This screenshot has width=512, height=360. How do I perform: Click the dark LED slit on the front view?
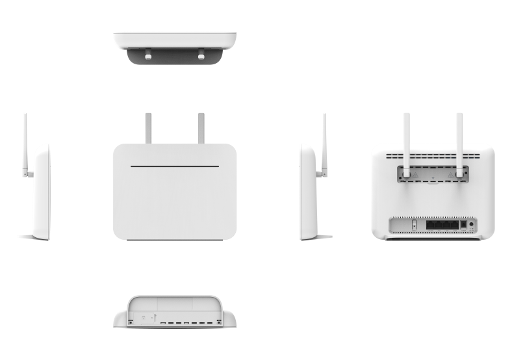[x=173, y=166]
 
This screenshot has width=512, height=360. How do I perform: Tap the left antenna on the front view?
[x=148, y=128]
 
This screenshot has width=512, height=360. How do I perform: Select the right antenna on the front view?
[x=201, y=128]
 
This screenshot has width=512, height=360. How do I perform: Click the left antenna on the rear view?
[x=406, y=140]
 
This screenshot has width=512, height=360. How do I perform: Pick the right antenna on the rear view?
[x=459, y=140]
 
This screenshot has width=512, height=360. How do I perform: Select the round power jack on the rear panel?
[x=470, y=224]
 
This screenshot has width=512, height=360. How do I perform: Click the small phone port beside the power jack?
[x=462, y=225]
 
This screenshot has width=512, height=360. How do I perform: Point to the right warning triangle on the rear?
[x=450, y=174]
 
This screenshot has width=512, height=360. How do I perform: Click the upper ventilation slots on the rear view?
[x=433, y=157]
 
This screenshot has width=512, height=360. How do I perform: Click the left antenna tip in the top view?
[x=147, y=57]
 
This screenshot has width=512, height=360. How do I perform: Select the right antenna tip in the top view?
[x=200, y=57]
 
